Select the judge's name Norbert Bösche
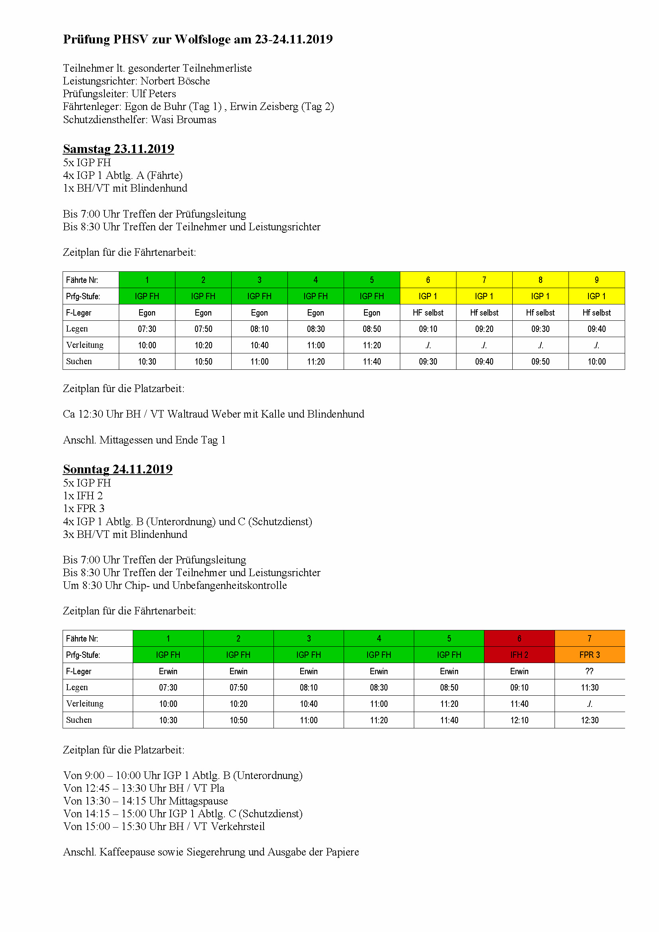click(x=175, y=81)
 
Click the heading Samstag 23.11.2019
click(x=118, y=149)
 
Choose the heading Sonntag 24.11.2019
click(x=117, y=469)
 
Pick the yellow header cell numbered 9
click(x=596, y=280)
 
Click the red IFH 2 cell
click(x=519, y=655)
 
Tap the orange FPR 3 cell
click(x=589, y=655)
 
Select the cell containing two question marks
click(x=589, y=671)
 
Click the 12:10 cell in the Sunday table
click(x=519, y=720)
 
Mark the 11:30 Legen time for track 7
click(x=589, y=687)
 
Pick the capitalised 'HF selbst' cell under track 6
click(x=428, y=312)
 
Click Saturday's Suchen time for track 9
click(x=596, y=361)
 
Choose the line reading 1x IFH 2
click(x=83, y=496)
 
